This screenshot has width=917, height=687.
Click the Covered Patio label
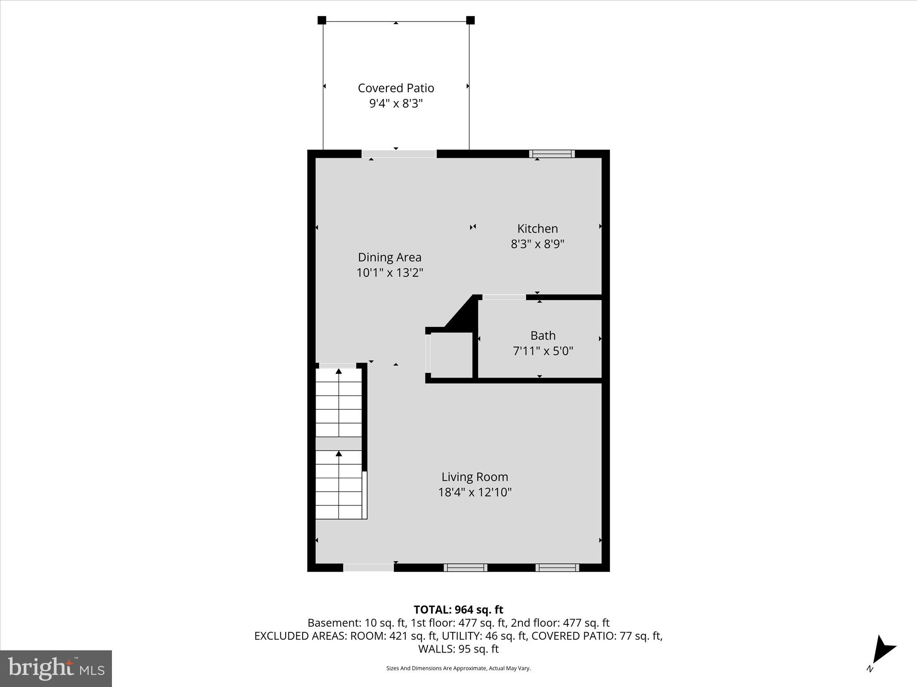(396, 88)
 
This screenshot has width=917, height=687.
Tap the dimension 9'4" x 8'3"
(396, 104)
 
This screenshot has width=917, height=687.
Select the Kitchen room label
(537, 229)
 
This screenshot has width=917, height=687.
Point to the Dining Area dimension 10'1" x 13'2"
(390, 272)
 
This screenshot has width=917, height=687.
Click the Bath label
(543, 335)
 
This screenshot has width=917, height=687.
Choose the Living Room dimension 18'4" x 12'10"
(475, 492)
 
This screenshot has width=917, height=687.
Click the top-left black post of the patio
(321, 20)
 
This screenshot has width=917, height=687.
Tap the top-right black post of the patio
(470, 20)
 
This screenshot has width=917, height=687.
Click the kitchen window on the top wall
(552, 154)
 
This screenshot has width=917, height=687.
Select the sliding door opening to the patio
(399, 154)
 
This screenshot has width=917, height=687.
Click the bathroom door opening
(504, 297)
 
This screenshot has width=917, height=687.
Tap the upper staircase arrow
(339, 371)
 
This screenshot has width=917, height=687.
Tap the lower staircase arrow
(339, 454)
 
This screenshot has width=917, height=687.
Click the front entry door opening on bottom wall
(368, 568)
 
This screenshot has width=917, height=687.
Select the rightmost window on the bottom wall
(557, 568)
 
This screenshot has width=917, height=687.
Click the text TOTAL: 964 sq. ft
(458, 610)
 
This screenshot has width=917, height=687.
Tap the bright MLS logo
(56, 668)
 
